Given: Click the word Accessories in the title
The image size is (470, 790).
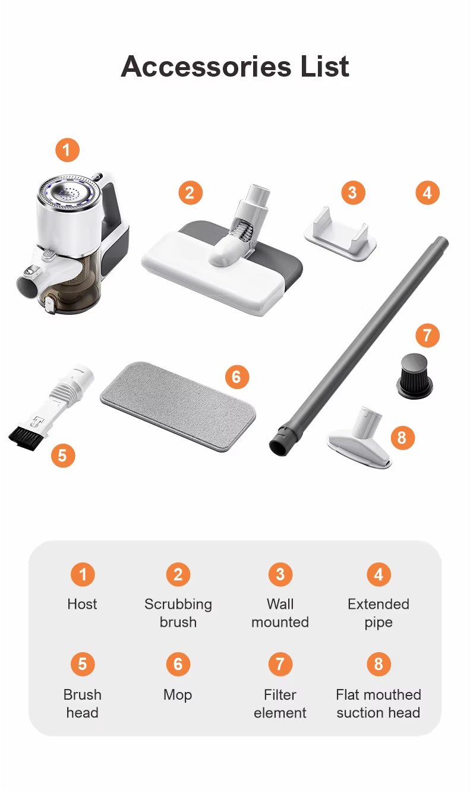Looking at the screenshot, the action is pos(206,67).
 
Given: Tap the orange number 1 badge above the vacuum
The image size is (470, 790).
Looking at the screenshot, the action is pos(67,150).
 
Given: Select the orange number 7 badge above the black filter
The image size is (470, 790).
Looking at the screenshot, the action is pos(427,335).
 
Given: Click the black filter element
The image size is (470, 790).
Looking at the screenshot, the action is pos(415,376).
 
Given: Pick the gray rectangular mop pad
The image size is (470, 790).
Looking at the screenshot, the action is pos(178,406).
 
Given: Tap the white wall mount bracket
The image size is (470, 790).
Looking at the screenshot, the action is pos(340,234).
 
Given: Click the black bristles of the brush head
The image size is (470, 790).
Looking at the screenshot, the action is pos(27,438).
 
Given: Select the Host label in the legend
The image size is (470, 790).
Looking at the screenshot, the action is pos(82,604).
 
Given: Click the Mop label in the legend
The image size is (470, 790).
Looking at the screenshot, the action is pos(178,695).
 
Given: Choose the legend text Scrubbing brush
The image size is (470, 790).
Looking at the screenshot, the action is pos(178,614).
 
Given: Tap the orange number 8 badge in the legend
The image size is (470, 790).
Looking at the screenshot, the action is pos(378,665).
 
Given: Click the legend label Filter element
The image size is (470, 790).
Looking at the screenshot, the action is pos(280,704).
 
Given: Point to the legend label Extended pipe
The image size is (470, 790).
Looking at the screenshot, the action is pos(378,614).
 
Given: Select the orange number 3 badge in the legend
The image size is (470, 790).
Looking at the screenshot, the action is pos(280,574).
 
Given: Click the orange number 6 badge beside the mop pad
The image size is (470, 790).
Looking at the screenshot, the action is pos(237,377).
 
